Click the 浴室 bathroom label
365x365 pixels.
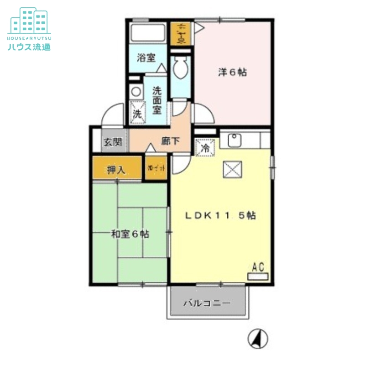point(146,58)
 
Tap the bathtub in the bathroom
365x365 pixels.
point(147,33)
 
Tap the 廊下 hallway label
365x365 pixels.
point(169,141)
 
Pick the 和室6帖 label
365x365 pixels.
point(130,235)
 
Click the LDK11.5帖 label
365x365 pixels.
point(219,216)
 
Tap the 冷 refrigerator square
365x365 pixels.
point(205,148)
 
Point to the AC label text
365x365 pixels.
point(258,267)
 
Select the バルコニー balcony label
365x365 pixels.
point(208,302)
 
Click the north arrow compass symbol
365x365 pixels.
point(257,339)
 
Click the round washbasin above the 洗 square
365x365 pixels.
point(136,92)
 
